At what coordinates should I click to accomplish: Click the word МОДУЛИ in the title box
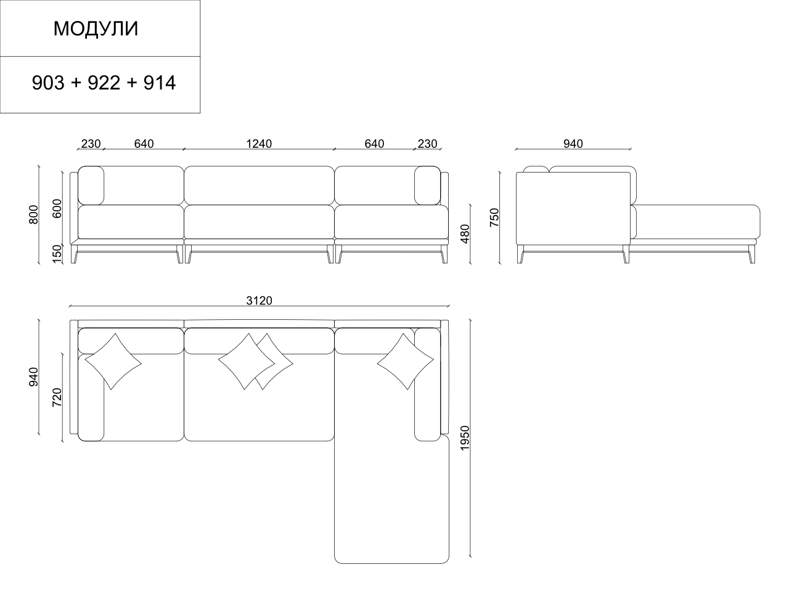point(96,29)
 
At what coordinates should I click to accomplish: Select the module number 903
point(48,83)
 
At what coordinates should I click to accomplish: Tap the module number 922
point(104,83)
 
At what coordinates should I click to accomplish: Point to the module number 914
point(160,83)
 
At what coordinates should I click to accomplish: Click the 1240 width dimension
point(258,144)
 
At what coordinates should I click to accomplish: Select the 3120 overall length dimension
point(259,301)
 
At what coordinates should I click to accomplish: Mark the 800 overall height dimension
point(34,214)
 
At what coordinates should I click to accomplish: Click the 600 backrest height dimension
point(57,208)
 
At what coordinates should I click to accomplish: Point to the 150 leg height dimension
point(57,253)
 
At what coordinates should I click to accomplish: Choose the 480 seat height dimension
point(465,234)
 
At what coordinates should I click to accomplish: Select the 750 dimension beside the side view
point(494,218)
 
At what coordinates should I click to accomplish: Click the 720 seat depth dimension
point(57,397)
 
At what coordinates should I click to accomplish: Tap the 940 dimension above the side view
point(573,144)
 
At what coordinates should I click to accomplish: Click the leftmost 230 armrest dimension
point(91,144)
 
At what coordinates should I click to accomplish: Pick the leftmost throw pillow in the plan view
point(113,361)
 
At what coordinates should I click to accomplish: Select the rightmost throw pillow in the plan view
point(405,361)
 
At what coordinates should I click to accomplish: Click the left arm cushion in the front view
point(91,185)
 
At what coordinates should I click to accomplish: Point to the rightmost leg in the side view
point(751,254)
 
